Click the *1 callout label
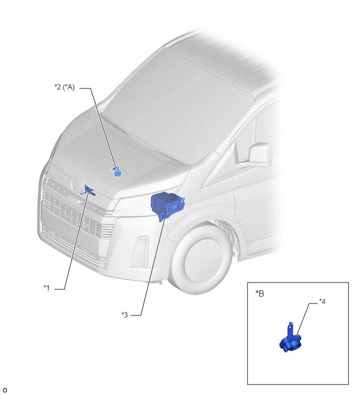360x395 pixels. click(47, 288)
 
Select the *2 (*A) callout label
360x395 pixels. click(64, 87)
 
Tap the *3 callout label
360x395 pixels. click(125, 315)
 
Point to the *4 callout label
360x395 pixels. click(322, 301)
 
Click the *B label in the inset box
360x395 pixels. click(260, 294)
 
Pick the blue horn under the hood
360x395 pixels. click(117, 172)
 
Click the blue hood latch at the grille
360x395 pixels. click(88, 190)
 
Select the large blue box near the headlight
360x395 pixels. click(167, 205)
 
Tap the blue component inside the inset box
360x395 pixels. click(290, 338)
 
